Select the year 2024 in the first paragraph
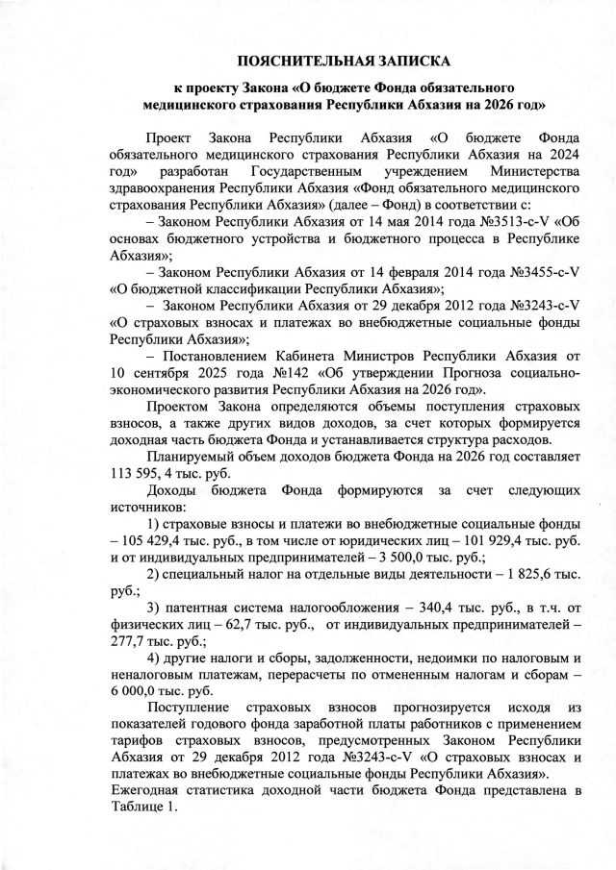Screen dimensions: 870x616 [559, 153]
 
